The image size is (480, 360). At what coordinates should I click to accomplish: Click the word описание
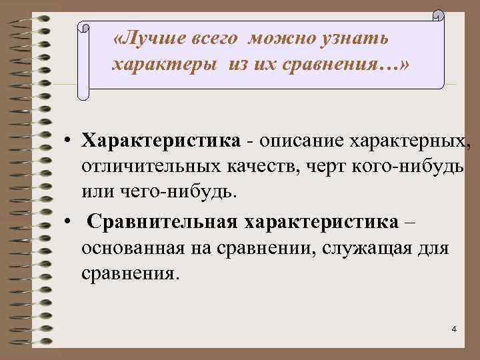[300, 141]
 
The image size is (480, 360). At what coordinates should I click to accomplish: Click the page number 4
[453, 330]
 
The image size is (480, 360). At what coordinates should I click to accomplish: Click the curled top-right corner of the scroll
[439, 15]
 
